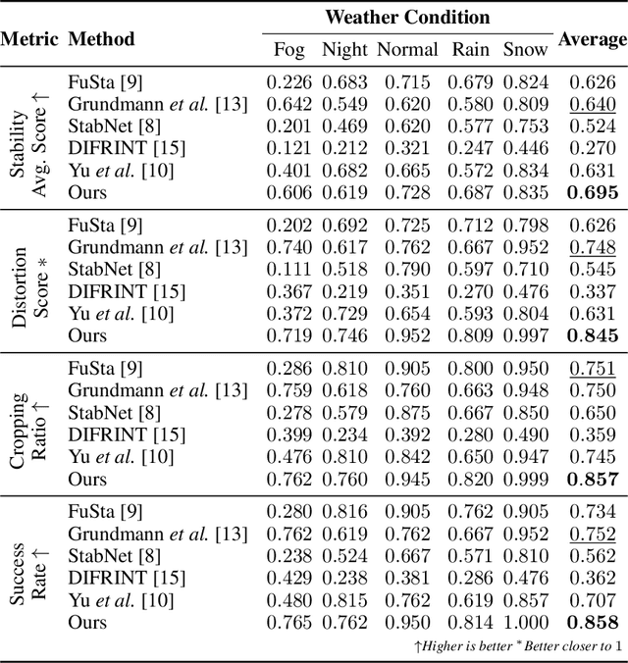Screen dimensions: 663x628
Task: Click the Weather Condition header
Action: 407,17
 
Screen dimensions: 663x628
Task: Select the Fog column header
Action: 288,50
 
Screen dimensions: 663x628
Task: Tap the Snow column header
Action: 526,50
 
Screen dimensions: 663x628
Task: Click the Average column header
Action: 592,39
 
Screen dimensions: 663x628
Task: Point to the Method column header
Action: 102,40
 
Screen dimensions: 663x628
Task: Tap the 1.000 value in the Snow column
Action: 526,623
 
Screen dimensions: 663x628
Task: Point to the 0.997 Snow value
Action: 526,336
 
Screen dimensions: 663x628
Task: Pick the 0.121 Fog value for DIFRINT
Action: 288,148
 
